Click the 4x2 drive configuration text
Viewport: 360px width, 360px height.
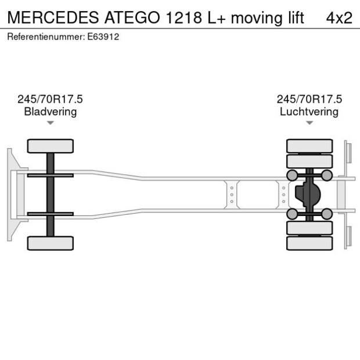[339, 17]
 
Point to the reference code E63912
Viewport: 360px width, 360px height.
[103, 37]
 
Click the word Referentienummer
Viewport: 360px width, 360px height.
[45, 37]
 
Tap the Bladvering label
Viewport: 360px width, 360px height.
[50, 111]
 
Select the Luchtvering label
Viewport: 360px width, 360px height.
[309, 111]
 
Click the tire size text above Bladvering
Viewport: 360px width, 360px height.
[50, 99]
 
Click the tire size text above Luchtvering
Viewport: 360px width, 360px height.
[309, 99]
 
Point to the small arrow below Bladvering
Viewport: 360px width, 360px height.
[51, 123]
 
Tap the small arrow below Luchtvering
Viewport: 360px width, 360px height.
[309, 123]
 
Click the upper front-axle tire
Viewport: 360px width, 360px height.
[51, 146]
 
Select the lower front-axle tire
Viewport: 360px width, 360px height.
[51, 243]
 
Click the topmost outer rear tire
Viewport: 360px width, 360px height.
[309, 145]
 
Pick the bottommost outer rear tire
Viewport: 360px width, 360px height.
[309, 243]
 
